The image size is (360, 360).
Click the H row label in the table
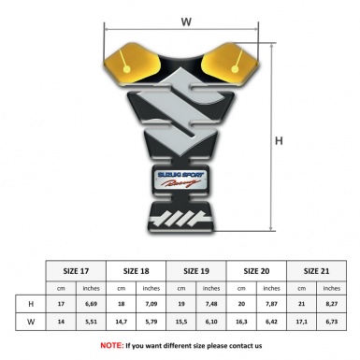tap(31, 304)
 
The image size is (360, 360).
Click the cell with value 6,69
tap(92, 304)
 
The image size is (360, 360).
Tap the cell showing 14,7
tap(122, 324)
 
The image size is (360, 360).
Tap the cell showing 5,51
tap(92, 324)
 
